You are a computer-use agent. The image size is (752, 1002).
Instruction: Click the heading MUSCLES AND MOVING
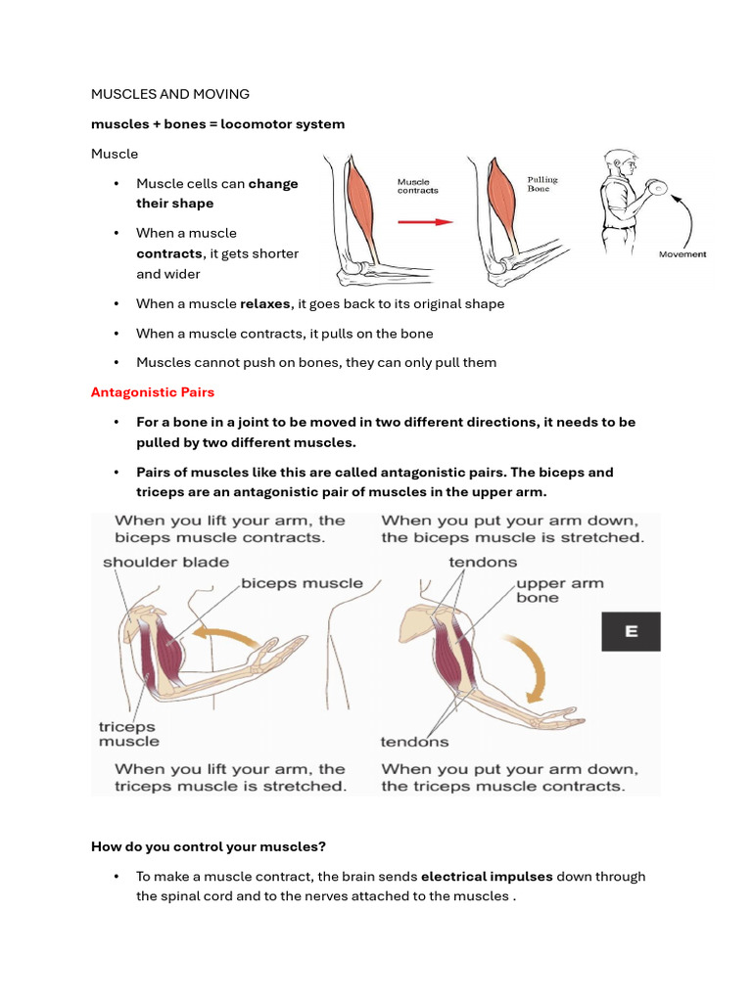coord(169,94)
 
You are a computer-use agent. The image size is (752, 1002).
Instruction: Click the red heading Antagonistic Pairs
coord(152,392)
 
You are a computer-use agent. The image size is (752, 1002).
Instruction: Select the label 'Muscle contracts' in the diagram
coord(417,186)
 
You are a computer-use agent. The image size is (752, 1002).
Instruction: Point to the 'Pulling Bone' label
coord(542,184)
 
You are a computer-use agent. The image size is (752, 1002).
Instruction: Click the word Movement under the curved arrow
coord(682,254)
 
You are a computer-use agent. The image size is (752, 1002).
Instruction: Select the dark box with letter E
coord(631,632)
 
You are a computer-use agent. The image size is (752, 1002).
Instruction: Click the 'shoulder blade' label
coord(165,563)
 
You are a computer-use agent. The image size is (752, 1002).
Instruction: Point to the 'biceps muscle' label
coord(302,583)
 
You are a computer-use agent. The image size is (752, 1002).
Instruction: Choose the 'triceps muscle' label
coord(128,734)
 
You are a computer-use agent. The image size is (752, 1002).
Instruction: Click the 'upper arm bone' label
coord(559,590)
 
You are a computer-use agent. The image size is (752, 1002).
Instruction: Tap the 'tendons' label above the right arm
coord(483,563)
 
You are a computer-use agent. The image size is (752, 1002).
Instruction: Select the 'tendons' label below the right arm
coord(414,742)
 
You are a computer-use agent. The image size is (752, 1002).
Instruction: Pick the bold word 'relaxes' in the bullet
coord(264,304)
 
